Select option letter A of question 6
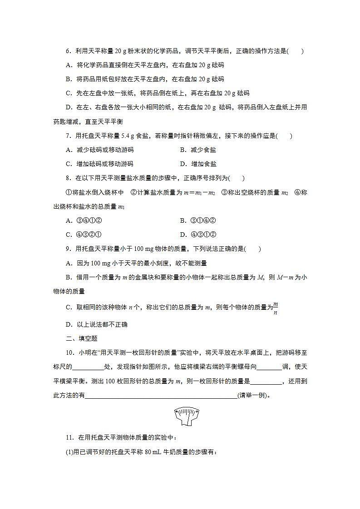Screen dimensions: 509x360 click(69, 65)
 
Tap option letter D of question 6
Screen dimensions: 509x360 click(69, 108)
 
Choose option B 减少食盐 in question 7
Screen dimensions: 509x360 click(198, 150)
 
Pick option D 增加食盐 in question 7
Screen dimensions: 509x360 click(198, 164)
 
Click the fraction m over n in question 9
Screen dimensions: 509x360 click(276, 308)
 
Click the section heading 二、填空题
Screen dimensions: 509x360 click(82, 338)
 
